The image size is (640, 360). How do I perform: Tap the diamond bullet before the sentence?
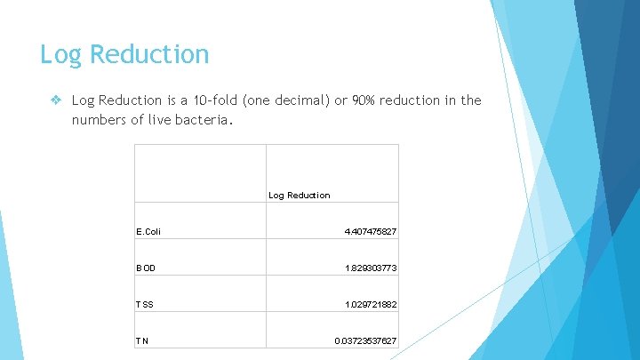coord(56,100)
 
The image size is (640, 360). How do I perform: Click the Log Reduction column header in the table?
coord(299,195)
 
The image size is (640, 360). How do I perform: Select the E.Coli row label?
coord(148,232)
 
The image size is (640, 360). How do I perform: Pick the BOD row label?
coord(146,268)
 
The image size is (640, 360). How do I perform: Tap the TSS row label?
coord(145,305)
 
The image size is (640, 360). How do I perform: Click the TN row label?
coord(142,341)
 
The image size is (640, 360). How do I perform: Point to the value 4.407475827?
coord(370,232)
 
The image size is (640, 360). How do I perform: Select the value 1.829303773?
coord(370,268)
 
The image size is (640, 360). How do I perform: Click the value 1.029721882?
coord(370,305)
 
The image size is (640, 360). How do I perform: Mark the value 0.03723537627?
coord(365,341)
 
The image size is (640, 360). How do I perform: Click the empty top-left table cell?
coord(200,173)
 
